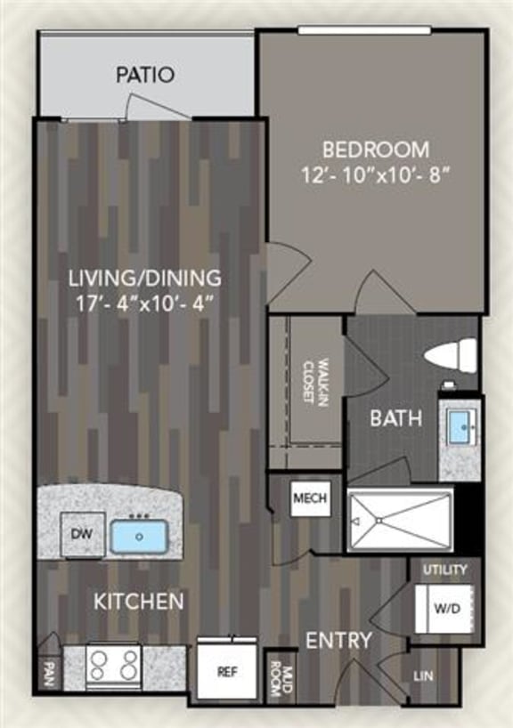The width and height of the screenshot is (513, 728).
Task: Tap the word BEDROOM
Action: (x=375, y=149)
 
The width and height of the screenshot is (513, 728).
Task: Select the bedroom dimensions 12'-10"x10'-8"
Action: (x=375, y=174)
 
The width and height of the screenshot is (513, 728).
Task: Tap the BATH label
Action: (x=396, y=417)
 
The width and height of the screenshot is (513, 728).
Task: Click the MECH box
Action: (x=309, y=499)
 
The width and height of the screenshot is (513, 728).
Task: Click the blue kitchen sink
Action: (x=140, y=535)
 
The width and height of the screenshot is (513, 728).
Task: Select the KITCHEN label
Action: (x=140, y=602)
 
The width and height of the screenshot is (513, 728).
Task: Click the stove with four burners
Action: (x=114, y=664)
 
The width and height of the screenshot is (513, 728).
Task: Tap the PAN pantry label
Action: (x=47, y=671)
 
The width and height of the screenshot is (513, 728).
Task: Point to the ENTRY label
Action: (x=338, y=641)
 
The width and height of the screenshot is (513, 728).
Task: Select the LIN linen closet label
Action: (x=423, y=676)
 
